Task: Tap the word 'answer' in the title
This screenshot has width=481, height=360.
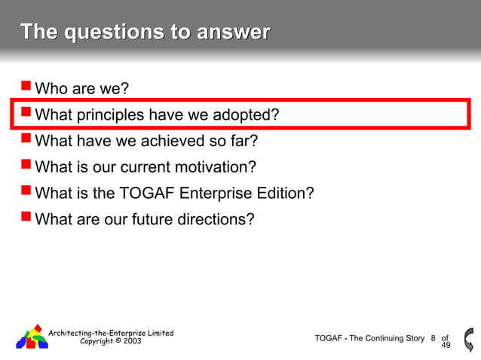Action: click(x=233, y=32)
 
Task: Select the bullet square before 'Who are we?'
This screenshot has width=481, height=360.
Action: click(x=26, y=87)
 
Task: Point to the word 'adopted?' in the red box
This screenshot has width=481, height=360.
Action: click(x=247, y=115)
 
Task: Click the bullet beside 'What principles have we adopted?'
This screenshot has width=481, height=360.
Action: click(x=26, y=113)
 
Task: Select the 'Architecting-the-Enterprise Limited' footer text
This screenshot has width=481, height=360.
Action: click(x=111, y=333)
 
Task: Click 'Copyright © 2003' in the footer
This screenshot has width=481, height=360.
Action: click(x=110, y=341)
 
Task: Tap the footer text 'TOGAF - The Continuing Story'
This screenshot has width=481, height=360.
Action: click(x=369, y=338)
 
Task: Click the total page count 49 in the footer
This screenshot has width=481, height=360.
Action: click(x=446, y=345)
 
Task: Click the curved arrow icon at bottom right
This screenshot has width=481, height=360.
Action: click(x=469, y=338)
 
